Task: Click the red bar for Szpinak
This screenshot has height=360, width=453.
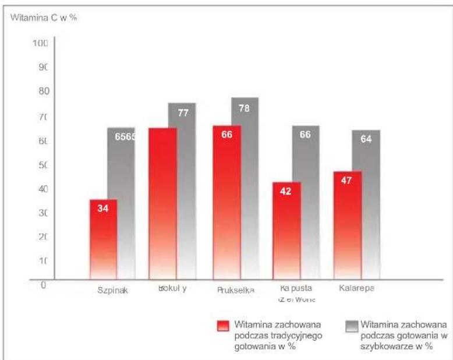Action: [x=103, y=239]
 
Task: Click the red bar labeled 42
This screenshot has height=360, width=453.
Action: [x=287, y=231]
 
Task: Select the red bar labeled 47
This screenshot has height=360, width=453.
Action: [x=348, y=225]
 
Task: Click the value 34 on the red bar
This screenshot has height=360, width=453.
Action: [x=103, y=208]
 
